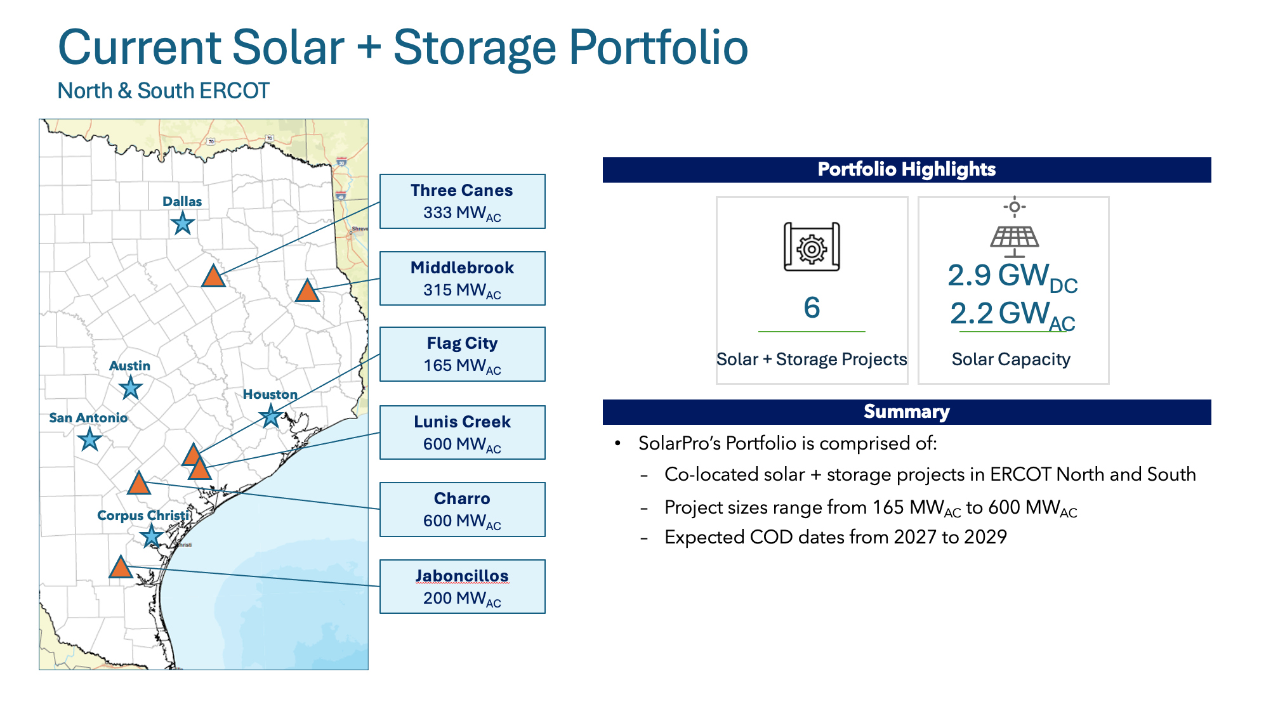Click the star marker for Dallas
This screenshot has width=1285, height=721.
pos(183,224)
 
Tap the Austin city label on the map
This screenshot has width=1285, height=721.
pos(129,366)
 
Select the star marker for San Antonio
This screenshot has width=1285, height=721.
pos(89,439)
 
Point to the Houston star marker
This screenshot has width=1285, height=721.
pos(271,416)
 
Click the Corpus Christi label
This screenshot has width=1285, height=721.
pos(143,516)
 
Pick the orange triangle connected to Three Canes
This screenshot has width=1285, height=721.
pos(214,276)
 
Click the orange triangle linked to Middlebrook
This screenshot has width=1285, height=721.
pos(307,291)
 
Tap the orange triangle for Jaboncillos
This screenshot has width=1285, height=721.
pos(121,568)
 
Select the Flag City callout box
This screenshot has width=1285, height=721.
pos(462,354)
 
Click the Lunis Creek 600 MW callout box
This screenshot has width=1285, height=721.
pos(462,432)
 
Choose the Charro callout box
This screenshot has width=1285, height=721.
pos(462,509)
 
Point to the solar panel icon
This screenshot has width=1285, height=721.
pos(1014,238)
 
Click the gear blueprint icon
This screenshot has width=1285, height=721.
pos(812,247)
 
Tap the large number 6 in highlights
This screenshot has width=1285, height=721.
pos(812,308)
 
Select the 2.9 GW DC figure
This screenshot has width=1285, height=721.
pos(1012,277)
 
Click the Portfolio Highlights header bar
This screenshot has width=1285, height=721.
pos(906,170)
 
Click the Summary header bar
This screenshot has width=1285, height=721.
pos(906,412)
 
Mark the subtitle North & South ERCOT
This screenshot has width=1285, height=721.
pos(163,91)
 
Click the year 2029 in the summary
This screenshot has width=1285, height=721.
pos(985,537)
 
